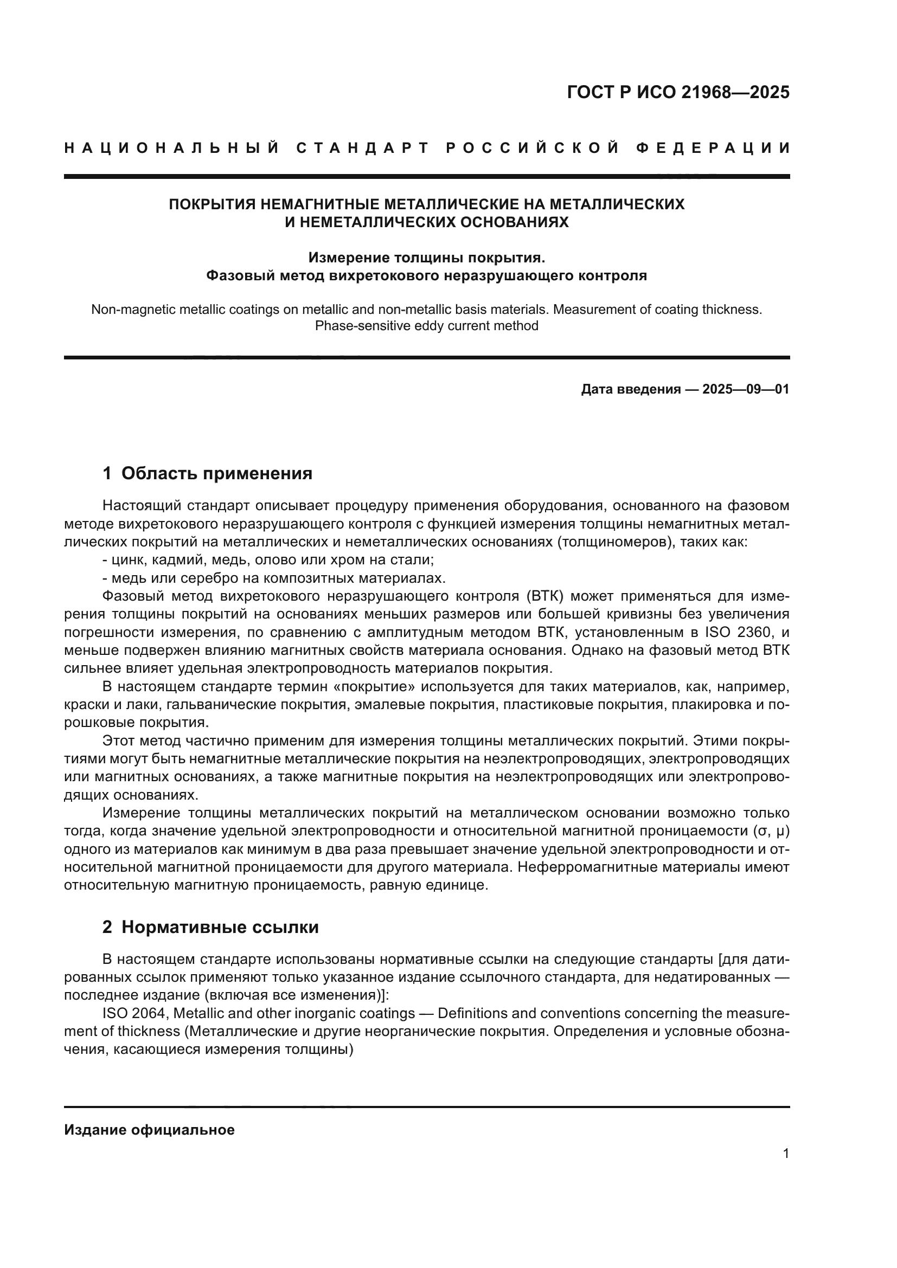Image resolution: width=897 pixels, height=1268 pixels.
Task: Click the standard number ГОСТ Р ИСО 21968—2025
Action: pos(678,92)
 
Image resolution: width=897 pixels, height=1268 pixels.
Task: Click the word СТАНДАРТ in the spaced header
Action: pos(363,148)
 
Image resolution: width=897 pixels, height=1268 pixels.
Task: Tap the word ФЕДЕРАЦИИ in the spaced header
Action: pos(713,148)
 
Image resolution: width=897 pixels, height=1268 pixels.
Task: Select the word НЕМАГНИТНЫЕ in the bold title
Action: pos(319,204)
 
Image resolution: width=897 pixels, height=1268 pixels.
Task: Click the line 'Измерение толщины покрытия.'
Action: pos(426,258)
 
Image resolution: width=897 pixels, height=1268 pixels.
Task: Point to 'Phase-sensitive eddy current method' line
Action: pos(426,326)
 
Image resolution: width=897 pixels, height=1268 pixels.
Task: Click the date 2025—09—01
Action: pos(746,389)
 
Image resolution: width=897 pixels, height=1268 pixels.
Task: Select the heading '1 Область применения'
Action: pos(207,473)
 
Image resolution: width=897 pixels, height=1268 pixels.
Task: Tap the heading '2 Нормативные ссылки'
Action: pos(210,927)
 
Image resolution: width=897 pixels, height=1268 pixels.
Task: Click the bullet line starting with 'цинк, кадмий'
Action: pos(268,560)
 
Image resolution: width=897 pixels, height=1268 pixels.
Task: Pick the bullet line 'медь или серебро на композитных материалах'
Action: pos(274,578)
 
